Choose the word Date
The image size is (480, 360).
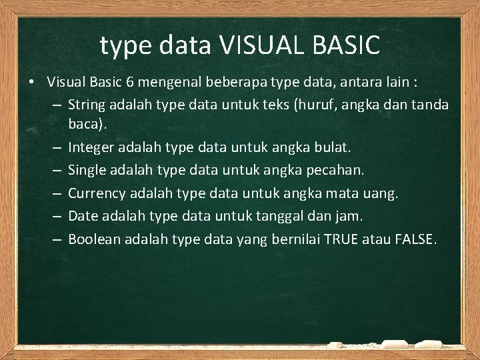83,216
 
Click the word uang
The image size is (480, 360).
381,194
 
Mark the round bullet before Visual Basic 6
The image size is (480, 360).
31,83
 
